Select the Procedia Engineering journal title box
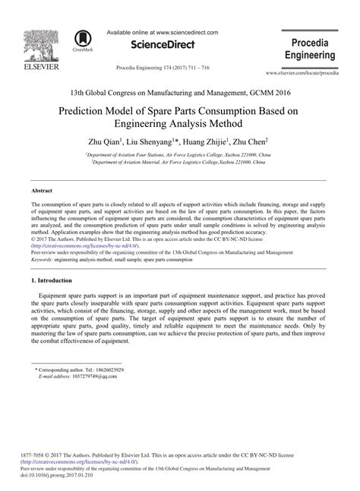click(309, 47)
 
